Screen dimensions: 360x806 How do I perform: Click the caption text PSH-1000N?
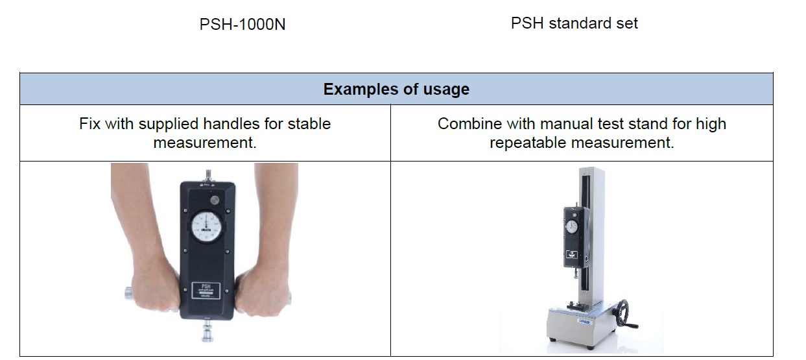(x=243, y=25)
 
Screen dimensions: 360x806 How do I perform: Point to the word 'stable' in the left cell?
(x=307, y=123)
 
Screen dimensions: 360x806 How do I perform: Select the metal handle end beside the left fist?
(x=128, y=294)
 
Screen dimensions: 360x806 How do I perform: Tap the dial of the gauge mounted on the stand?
(x=572, y=226)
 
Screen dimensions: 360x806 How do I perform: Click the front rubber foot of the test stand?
(x=553, y=339)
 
